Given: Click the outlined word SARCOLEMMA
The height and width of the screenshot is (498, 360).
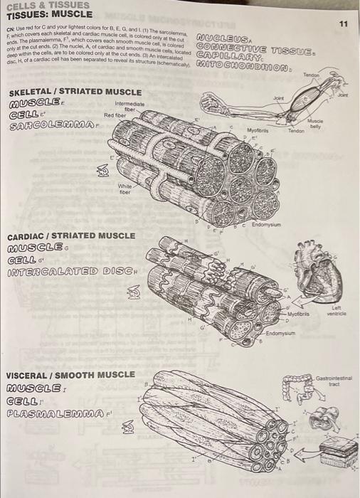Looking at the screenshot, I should tap(43, 126).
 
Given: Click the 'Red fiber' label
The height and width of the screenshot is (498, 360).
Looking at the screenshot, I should tap(115, 115).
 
